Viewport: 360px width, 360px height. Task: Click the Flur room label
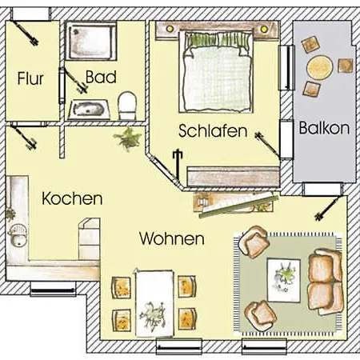click(30, 78)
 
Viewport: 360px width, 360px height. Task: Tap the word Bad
click(101, 77)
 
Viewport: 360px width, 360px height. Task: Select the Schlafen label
click(213, 130)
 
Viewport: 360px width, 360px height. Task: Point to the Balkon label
click(324, 128)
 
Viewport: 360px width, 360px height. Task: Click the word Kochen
click(72, 198)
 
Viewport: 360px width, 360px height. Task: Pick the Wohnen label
click(172, 238)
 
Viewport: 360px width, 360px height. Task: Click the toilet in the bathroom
click(127, 106)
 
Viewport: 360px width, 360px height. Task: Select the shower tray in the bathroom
click(91, 41)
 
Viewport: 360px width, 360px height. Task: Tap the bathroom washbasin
click(89, 110)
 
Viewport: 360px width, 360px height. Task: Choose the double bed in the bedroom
click(217, 71)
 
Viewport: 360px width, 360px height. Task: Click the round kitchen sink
click(18, 236)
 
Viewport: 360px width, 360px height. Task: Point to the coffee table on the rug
click(284, 280)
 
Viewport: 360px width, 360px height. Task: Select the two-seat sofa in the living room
click(325, 282)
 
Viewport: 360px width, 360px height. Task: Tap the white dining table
click(154, 303)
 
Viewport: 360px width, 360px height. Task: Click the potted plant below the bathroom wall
click(127, 139)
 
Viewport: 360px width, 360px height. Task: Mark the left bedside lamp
click(170, 29)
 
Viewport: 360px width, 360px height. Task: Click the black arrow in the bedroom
click(178, 165)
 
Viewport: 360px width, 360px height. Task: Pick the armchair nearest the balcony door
click(254, 242)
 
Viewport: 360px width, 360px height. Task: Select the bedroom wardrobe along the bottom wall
click(233, 177)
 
